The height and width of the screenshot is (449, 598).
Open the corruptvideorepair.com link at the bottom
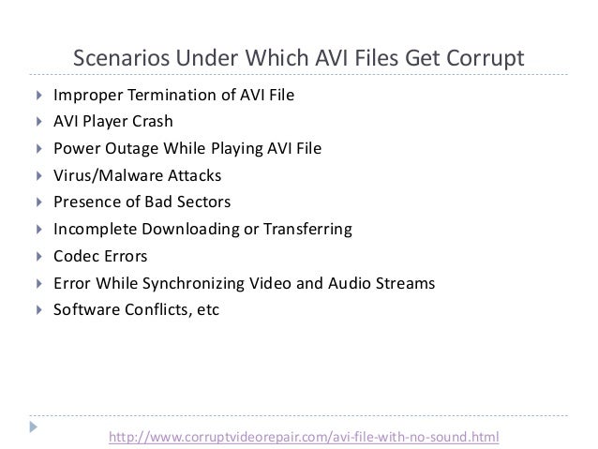coord(306,436)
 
